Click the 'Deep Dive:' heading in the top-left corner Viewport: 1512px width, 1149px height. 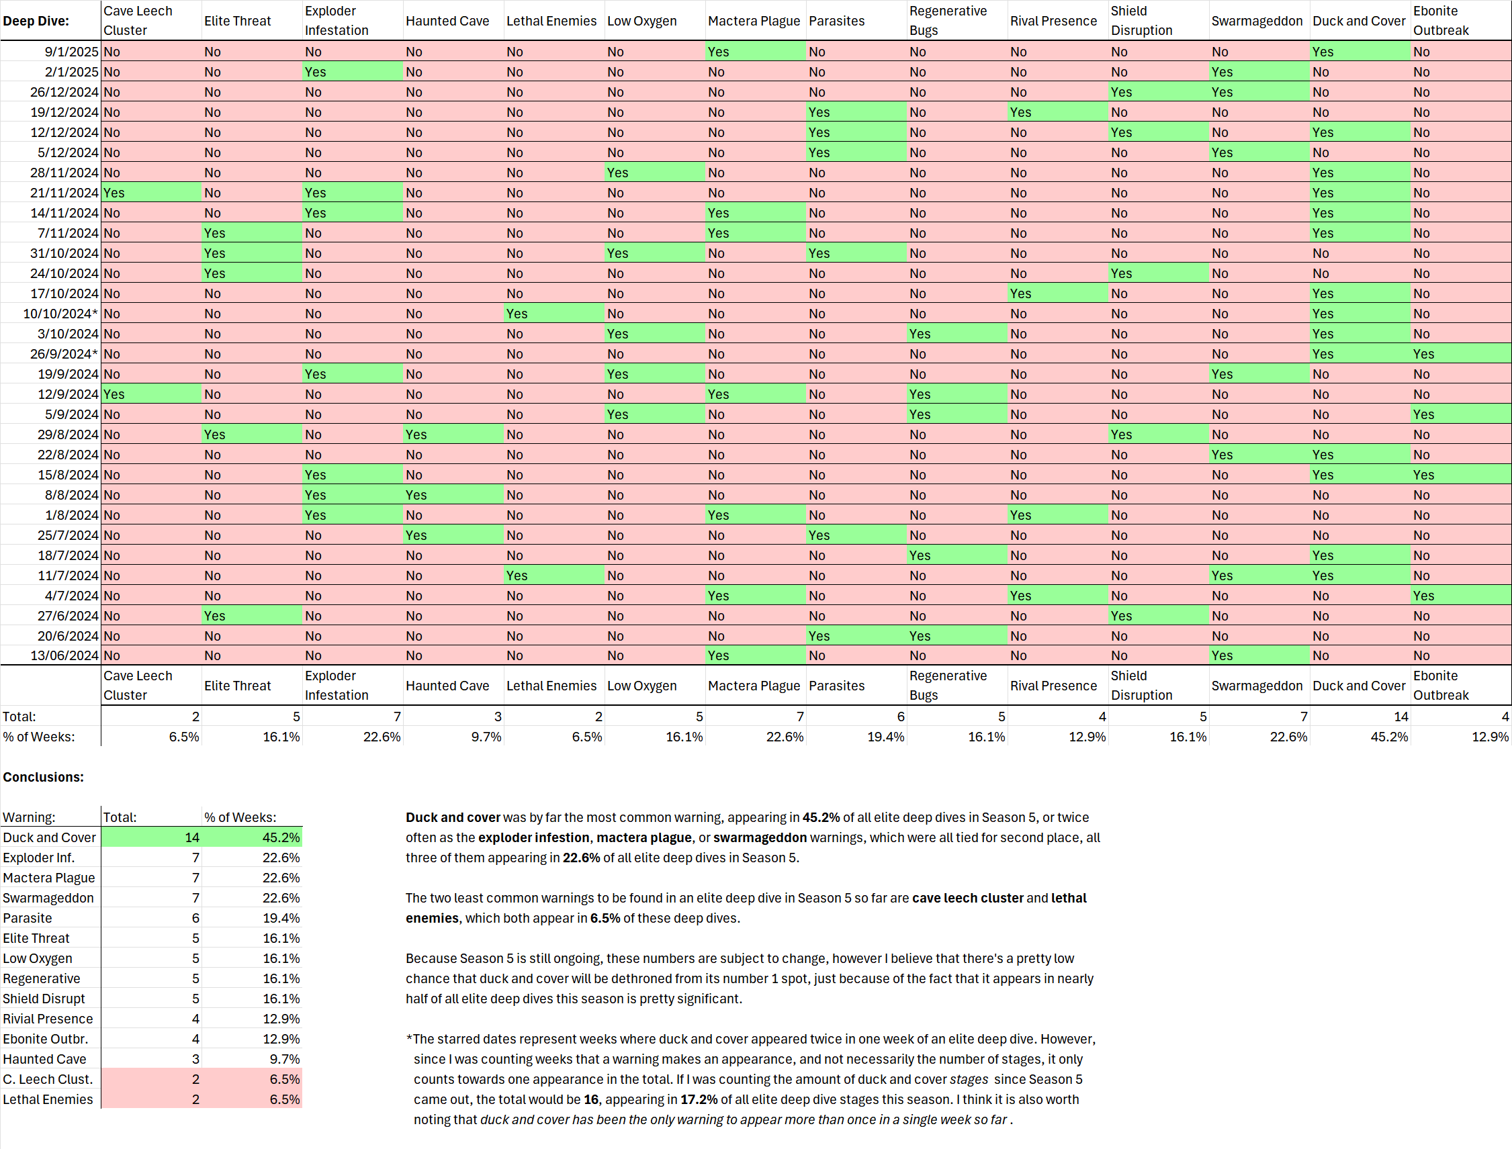coord(36,21)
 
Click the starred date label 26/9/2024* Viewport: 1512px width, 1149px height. coord(64,354)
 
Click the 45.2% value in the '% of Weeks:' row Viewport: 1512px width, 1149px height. coord(1389,737)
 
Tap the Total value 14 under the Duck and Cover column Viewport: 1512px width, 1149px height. coord(1400,716)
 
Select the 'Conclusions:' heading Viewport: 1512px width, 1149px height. coord(43,777)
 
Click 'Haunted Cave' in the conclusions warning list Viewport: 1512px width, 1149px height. coord(44,1059)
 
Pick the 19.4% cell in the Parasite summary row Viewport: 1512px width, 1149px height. coord(281,918)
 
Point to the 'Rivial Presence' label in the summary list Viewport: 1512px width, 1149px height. coord(48,1018)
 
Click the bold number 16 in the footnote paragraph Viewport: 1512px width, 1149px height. coord(591,1099)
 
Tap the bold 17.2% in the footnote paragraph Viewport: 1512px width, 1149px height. coord(699,1099)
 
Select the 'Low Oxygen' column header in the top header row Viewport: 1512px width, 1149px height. coord(641,21)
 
